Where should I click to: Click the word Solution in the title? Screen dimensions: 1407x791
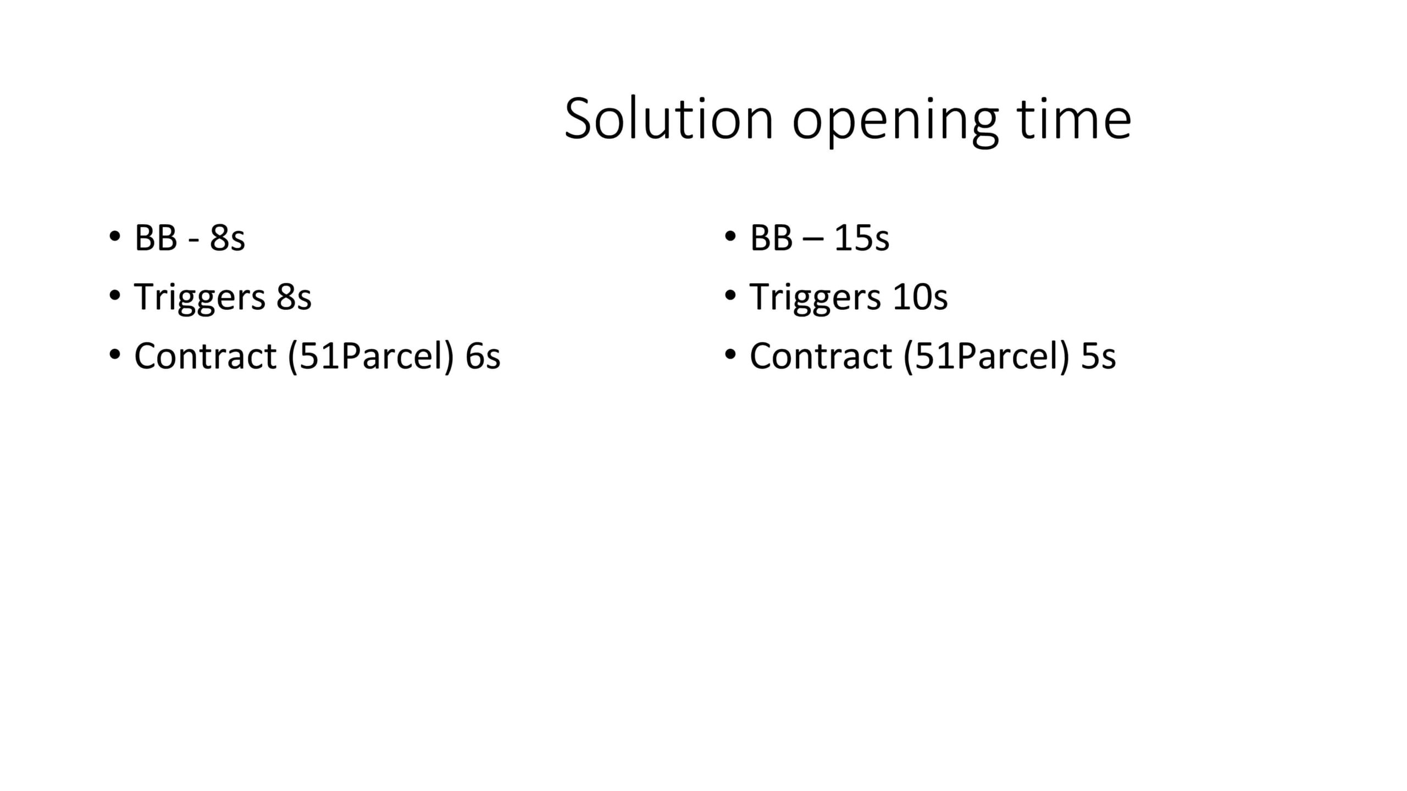[x=669, y=119]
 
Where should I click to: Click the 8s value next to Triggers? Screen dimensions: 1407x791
[x=294, y=297]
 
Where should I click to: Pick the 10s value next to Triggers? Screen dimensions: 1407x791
[x=920, y=297]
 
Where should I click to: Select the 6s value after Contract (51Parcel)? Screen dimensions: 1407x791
[x=483, y=356]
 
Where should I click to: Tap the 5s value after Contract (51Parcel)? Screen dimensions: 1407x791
[x=1099, y=356]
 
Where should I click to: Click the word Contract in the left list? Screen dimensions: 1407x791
[x=205, y=356]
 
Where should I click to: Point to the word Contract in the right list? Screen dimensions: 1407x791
[x=821, y=356]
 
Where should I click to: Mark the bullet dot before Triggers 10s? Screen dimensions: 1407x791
[x=730, y=296]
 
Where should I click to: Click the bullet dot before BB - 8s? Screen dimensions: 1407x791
[x=114, y=237]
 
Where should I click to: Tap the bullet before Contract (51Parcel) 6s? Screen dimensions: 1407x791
[x=114, y=355]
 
